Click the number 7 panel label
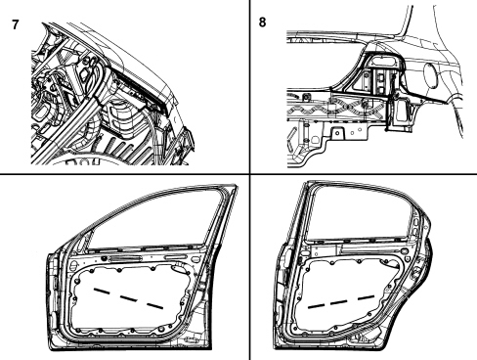click(15, 24)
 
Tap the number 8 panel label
click(262, 22)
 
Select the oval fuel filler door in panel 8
click(431, 74)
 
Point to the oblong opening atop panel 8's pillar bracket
click(383, 60)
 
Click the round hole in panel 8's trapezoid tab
click(338, 132)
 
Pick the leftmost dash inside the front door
click(102, 291)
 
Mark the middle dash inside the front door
click(128, 298)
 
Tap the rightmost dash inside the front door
click(154, 305)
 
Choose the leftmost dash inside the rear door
click(316, 306)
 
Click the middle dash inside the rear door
click(339, 302)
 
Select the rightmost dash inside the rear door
click(366, 297)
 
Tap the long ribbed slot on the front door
click(126, 258)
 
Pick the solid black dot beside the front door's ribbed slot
click(105, 258)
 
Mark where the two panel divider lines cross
click(250, 174)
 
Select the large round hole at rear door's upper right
click(405, 251)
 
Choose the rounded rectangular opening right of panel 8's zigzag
click(399, 112)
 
